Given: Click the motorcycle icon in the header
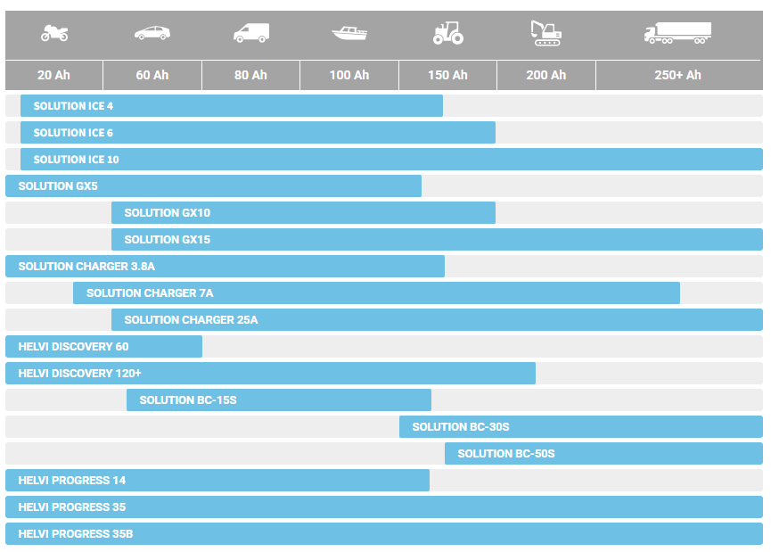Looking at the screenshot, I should click(54, 34).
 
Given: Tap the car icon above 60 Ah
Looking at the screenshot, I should click(152, 33).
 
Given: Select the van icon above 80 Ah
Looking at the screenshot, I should click(251, 33).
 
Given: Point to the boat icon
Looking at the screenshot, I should click(349, 33).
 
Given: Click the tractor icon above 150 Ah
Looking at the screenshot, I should click(447, 33).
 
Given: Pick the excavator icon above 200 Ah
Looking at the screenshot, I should click(545, 33).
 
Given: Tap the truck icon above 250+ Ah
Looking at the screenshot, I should click(677, 33).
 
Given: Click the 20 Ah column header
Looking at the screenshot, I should click(53, 75).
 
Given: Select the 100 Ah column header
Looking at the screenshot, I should click(349, 75).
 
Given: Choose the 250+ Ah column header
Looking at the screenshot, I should click(677, 75).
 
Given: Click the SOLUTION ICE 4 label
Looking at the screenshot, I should click(73, 106).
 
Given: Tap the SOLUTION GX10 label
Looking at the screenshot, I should click(168, 213).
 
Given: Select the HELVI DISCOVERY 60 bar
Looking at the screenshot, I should click(103, 347).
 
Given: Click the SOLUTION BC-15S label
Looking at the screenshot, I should click(188, 400).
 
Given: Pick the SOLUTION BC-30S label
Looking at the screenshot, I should click(461, 427).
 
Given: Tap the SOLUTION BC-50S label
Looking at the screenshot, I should click(506, 454).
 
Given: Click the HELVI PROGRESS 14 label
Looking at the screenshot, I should click(72, 481).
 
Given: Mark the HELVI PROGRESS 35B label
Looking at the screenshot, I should click(76, 534).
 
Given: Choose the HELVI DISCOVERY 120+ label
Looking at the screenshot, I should click(80, 374).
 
